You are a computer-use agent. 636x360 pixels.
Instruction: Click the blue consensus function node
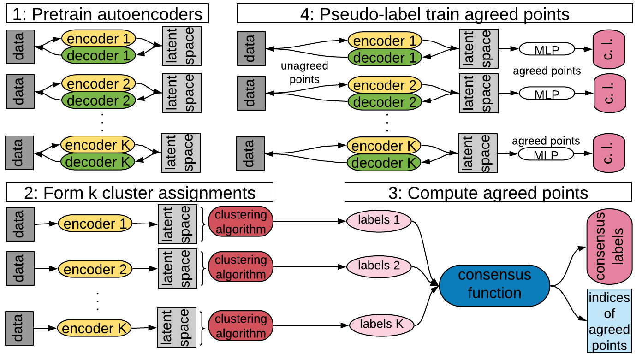pyautogui.click(x=494, y=286)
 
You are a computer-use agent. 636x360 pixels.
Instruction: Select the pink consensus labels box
pyautogui.click(x=609, y=246)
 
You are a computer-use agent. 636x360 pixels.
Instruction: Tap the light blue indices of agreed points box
pyautogui.click(x=609, y=321)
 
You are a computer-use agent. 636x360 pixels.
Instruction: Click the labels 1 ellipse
pyautogui.click(x=379, y=221)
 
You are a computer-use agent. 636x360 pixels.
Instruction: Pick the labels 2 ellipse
pyautogui.click(x=379, y=266)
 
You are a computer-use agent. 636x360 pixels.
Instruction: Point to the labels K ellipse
pyautogui.click(x=381, y=325)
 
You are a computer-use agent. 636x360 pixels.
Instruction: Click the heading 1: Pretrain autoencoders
pyautogui.click(x=107, y=13)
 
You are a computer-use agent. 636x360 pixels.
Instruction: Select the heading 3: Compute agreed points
pyautogui.click(x=488, y=192)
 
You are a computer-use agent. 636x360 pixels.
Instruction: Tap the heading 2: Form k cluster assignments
pyautogui.click(x=140, y=192)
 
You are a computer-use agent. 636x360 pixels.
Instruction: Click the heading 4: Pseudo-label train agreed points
pyautogui.click(x=435, y=13)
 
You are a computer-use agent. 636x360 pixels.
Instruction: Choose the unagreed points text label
pyautogui.click(x=304, y=72)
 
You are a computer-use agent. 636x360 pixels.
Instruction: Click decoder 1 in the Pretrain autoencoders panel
pyautogui.click(x=99, y=55)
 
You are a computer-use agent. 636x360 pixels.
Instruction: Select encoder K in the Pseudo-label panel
pyautogui.click(x=384, y=146)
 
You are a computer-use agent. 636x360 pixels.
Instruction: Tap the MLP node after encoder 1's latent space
pyautogui.click(x=547, y=49)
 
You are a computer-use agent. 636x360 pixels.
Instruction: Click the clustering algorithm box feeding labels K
pyautogui.click(x=241, y=326)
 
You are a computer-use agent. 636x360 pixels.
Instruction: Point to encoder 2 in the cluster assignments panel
pyautogui.click(x=95, y=269)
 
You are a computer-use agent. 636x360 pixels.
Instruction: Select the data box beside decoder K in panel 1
pyautogui.click(x=19, y=153)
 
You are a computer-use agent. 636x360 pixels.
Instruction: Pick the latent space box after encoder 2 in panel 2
pyautogui.click(x=178, y=268)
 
